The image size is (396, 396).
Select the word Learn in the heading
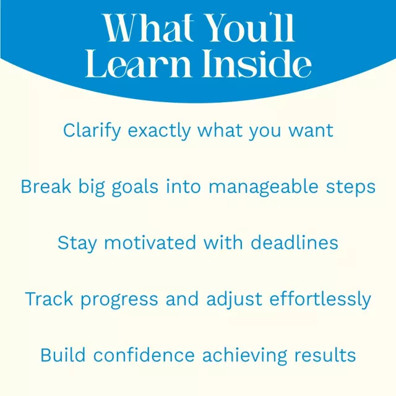pyautogui.click(x=138, y=63)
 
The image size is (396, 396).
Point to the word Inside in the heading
pyautogui.click(x=257, y=63)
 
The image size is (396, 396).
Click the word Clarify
pyautogui.click(x=92, y=131)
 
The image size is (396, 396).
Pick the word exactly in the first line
pyautogui.click(x=159, y=131)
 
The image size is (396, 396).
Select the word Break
pyautogui.click(x=46, y=187)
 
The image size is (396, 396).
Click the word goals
pyautogui.click(x=135, y=187)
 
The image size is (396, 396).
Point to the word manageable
pyautogui.click(x=264, y=187)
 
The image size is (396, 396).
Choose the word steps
pyautogui.click(x=351, y=188)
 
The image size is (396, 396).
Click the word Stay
pyautogui.click(x=77, y=243)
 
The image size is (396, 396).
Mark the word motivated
pyautogui.click(x=150, y=243)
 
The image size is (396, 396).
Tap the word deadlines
pyautogui.click(x=295, y=243)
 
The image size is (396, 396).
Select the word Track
pyautogui.click(x=49, y=299)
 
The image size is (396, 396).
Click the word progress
pyautogui.click(x=119, y=300)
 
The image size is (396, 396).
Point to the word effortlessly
pyautogui.click(x=321, y=299)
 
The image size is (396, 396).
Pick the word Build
pyautogui.click(x=63, y=355)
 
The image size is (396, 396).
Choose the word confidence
pyautogui.click(x=144, y=355)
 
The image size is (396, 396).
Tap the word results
pyautogui.click(x=325, y=355)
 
